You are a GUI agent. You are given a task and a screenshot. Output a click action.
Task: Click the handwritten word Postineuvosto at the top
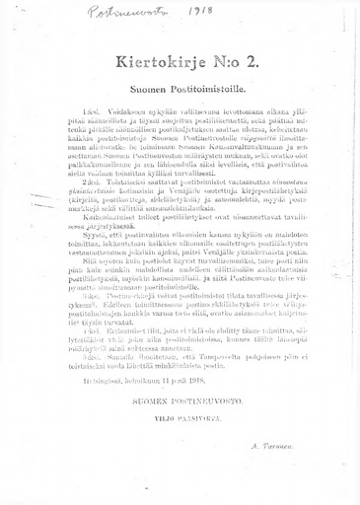coord(116,13)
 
